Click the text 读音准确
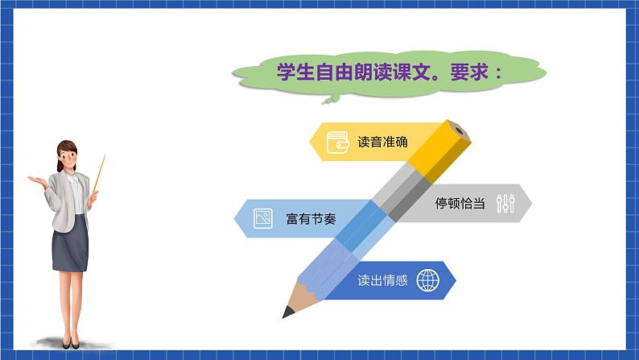(x=382, y=143)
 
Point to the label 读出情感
(x=383, y=281)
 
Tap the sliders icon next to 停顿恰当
(x=505, y=204)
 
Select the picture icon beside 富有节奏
(x=262, y=217)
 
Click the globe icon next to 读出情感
(x=428, y=281)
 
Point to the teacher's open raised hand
(x=36, y=178)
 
